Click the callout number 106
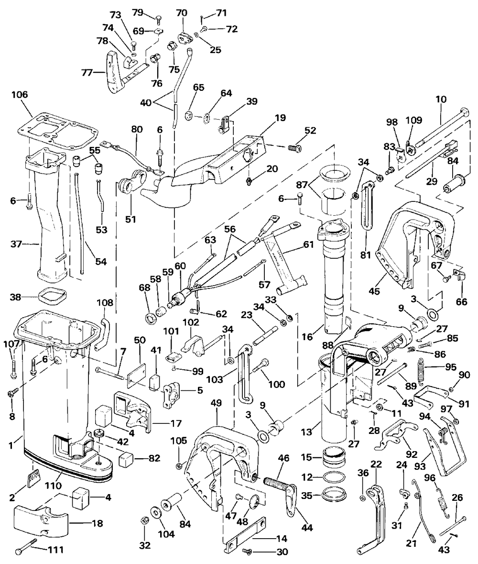point(20,95)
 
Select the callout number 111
point(56,550)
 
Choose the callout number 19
point(280,118)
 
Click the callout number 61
point(308,244)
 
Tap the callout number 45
point(374,291)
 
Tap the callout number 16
point(307,337)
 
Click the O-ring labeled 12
point(333,477)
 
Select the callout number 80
point(137,130)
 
